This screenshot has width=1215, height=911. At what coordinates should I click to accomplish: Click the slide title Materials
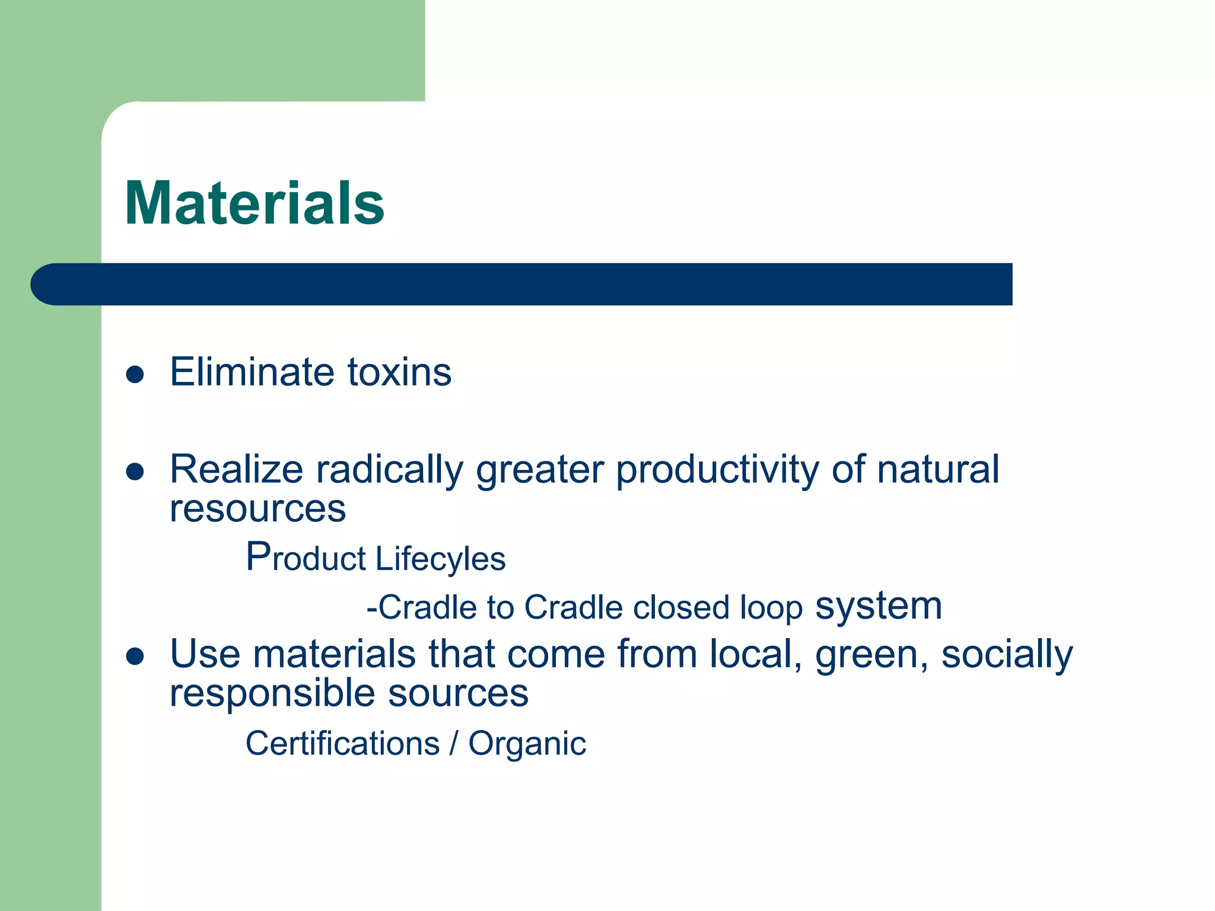pos(255,203)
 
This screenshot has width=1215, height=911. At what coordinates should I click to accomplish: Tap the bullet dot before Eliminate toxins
pos(135,374)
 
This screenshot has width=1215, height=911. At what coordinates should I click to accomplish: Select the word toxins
pos(399,372)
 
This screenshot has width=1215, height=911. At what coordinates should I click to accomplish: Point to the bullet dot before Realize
pos(135,472)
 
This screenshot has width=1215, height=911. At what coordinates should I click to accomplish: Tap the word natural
pos(938,470)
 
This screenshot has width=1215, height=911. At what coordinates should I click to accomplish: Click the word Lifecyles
pos(440,559)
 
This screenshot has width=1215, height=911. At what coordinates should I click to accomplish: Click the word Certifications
pos(342,744)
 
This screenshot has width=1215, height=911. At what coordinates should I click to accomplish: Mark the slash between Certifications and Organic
pos(454,744)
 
